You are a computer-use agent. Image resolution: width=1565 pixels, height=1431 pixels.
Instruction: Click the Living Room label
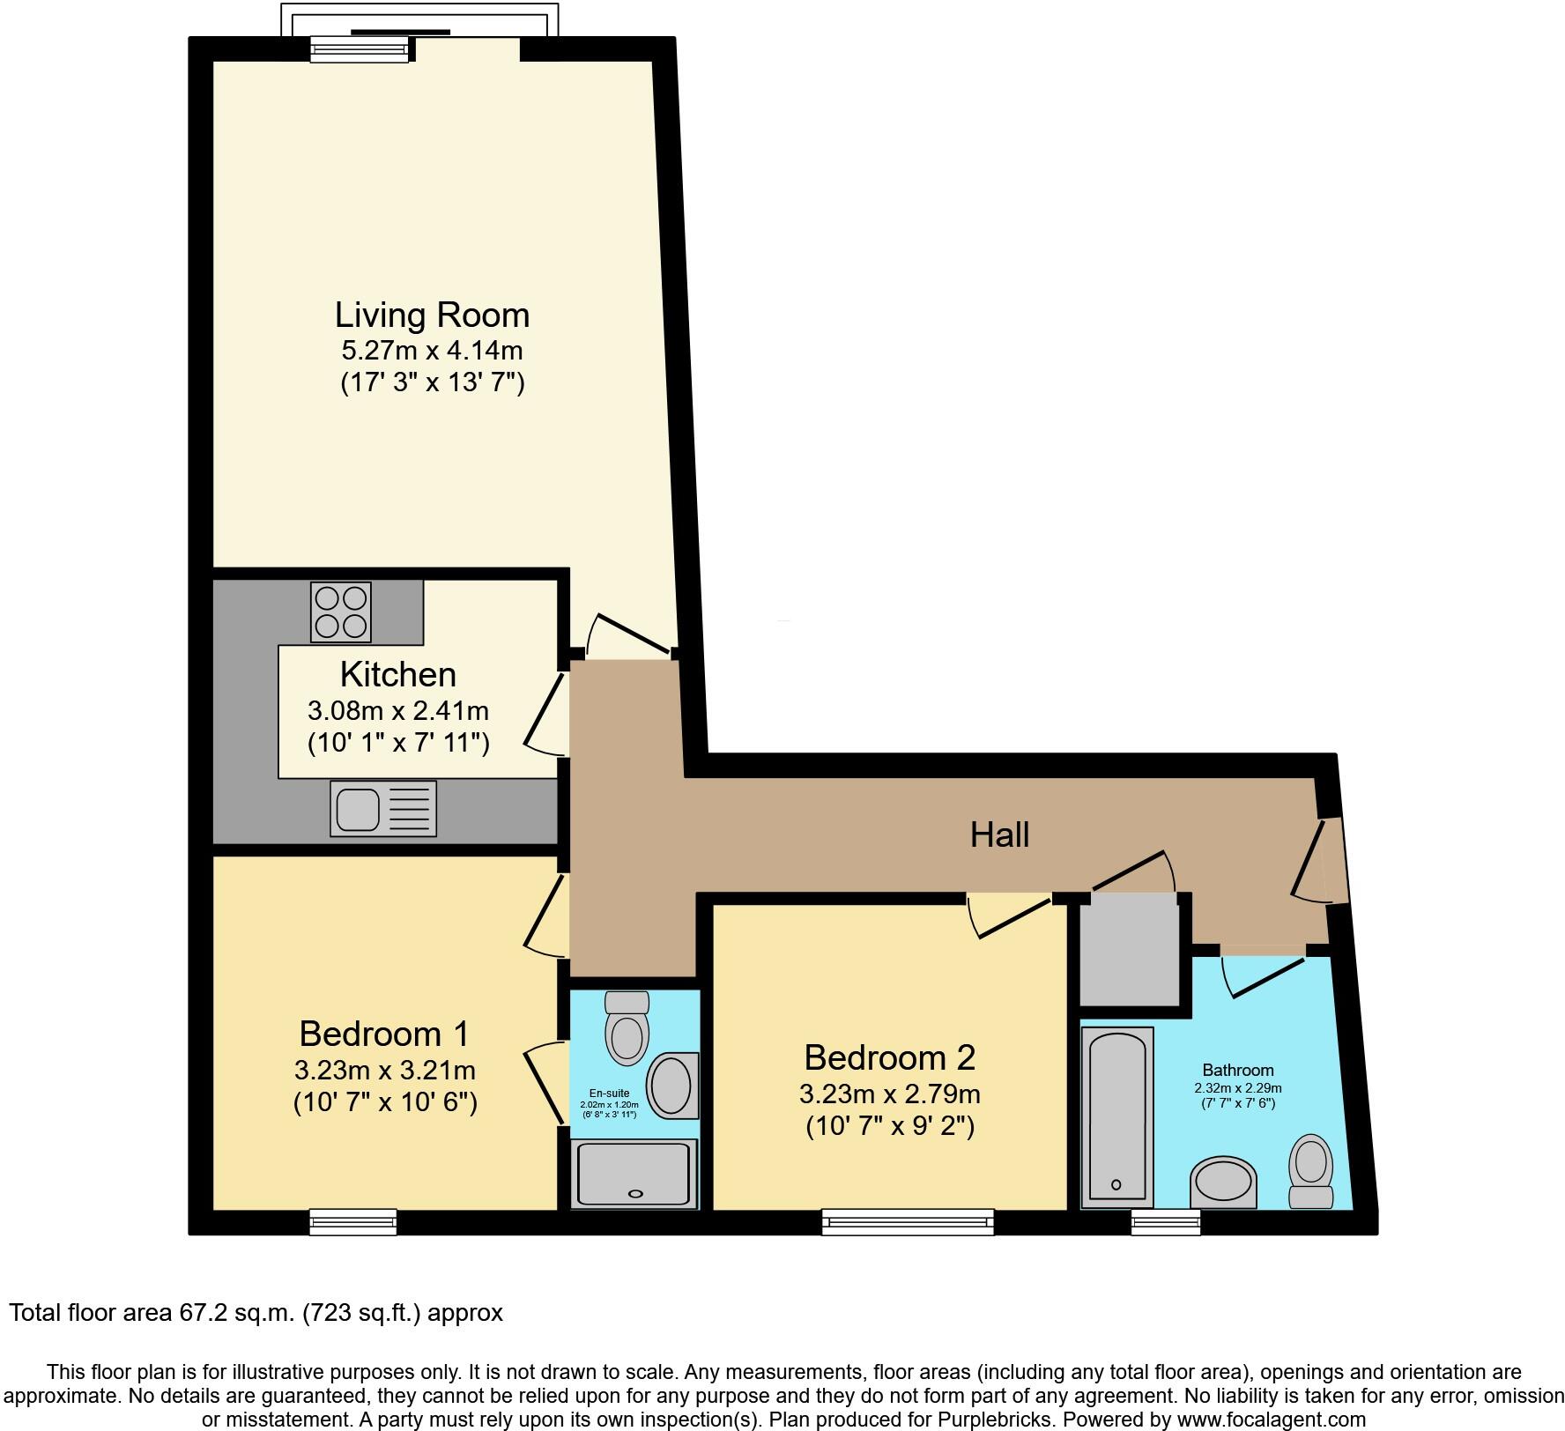pos(432,315)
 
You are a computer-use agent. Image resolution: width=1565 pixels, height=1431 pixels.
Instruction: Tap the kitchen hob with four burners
pos(341,612)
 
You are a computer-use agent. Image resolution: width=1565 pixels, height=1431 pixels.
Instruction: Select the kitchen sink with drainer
pos(383,808)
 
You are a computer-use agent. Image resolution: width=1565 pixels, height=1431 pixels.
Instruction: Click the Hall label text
pos(999,834)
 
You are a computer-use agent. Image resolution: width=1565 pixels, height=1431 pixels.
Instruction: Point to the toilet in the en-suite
pos(627,1028)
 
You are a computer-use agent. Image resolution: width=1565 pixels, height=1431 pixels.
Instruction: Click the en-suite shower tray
pos(634,1173)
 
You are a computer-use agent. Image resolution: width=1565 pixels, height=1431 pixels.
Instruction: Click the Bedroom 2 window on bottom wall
pos(908,1221)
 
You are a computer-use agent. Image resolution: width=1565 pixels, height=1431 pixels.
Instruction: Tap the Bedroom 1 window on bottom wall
pos(353,1221)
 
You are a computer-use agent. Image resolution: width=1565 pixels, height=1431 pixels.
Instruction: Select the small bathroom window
pos(1166,1221)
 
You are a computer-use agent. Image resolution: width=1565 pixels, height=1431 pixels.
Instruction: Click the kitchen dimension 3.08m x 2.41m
pos(397,710)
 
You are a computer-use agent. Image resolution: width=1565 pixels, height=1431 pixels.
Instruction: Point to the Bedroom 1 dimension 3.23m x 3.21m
pos(385,1071)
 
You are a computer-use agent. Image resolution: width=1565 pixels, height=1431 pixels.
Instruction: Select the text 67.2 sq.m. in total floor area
pos(234,1313)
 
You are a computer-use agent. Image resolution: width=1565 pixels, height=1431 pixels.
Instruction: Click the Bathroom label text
pos(1238,1071)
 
